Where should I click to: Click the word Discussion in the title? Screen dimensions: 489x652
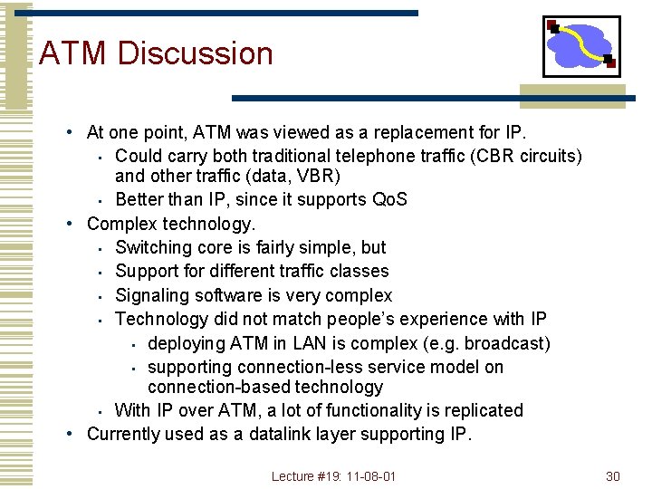(195, 53)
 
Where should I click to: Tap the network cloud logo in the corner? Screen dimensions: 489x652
(580, 45)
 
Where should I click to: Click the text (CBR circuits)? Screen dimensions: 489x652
(530, 156)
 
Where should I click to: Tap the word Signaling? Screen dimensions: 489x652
(153, 295)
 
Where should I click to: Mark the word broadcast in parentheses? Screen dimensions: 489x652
(503, 343)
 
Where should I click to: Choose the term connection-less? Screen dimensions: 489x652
(300, 367)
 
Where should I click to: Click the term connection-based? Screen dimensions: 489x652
(205, 387)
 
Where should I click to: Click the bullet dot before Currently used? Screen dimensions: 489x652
(70, 434)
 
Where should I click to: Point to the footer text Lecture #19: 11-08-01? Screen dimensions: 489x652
(334, 476)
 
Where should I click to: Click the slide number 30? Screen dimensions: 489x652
(612, 476)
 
